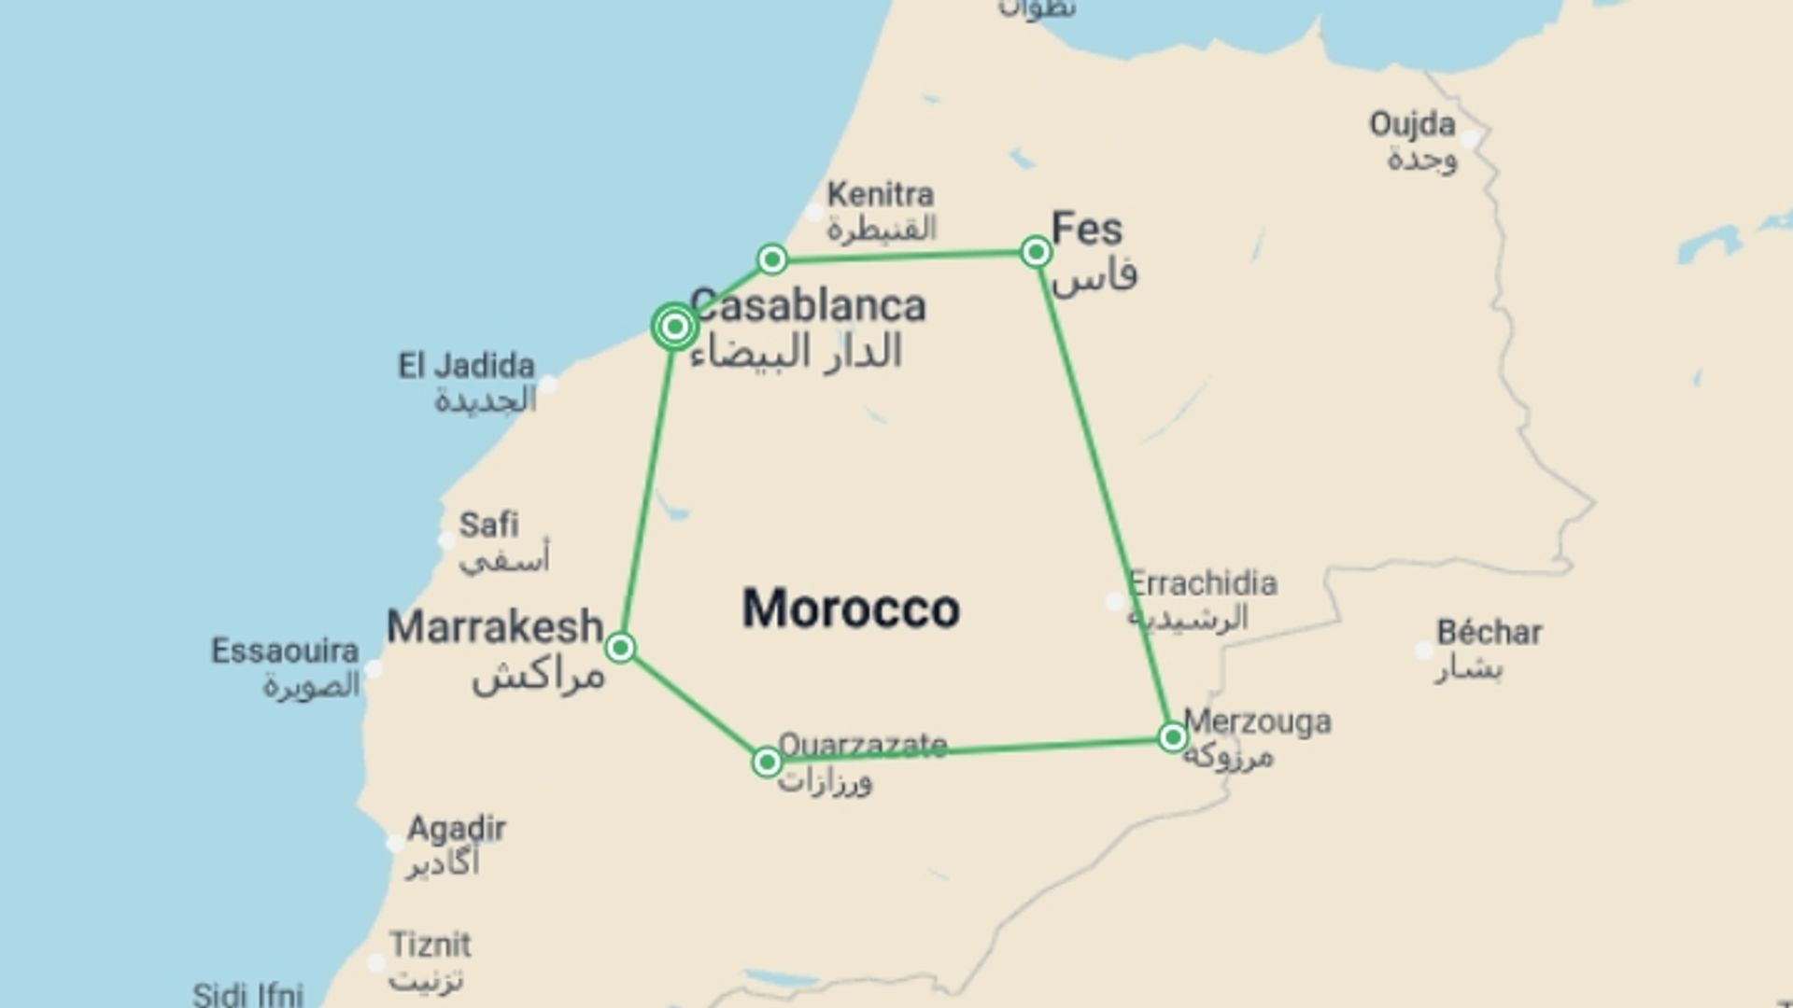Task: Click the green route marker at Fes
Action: [x=1036, y=252]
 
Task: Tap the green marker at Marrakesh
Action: [x=621, y=648]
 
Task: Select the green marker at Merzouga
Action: [x=1173, y=737]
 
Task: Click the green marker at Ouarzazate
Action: [x=767, y=763]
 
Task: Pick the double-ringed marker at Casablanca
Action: [x=674, y=327]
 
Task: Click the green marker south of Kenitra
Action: [x=772, y=259]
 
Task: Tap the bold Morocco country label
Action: [x=851, y=609]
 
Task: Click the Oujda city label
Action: [x=1412, y=124]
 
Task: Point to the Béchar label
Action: [x=1489, y=633]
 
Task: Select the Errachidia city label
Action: [x=1203, y=583]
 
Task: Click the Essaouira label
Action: [x=285, y=651]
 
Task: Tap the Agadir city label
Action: [x=457, y=828]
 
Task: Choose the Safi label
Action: [x=488, y=525]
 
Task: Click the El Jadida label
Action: [x=466, y=365]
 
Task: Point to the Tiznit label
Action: [x=431, y=945]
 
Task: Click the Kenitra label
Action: [x=880, y=194]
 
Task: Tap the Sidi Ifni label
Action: [x=247, y=993]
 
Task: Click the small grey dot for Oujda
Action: [x=1470, y=140]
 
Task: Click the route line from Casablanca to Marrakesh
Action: [x=647, y=485]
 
